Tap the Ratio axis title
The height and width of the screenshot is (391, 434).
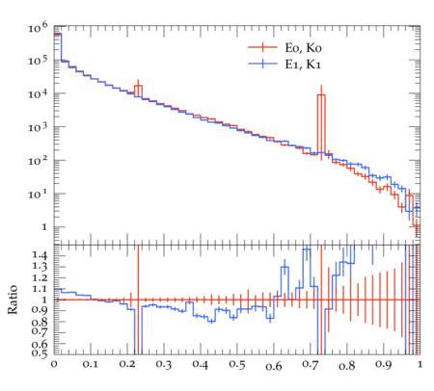pyautogui.click(x=13, y=300)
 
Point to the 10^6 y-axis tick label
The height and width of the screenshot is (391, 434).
pyautogui.click(x=38, y=28)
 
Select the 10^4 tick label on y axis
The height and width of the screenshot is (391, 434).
pyautogui.click(x=38, y=94)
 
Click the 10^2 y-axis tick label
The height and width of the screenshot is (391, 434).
pyautogui.click(x=38, y=161)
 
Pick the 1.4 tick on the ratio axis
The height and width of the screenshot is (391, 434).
pyautogui.click(x=40, y=256)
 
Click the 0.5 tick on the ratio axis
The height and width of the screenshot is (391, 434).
pyautogui.click(x=40, y=353)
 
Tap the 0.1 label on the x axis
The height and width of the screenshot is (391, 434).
pyautogui.click(x=91, y=365)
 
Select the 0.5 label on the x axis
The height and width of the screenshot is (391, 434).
pyautogui.click(x=237, y=365)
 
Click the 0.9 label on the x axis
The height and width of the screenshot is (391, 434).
pyautogui.click(x=384, y=365)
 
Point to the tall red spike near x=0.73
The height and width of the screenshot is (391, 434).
pyautogui.click(x=321, y=123)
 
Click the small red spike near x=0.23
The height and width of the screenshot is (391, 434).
pyautogui.click(x=138, y=90)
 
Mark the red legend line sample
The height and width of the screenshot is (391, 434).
pyautogui.click(x=262, y=47)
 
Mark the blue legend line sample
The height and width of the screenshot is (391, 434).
pyautogui.click(x=262, y=64)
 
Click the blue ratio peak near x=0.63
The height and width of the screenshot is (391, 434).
pyautogui.click(x=285, y=267)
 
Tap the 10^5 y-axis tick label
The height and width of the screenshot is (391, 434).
pyautogui.click(x=38, y=61)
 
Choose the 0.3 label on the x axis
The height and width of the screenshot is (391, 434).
pyautogui.click(x=164, y=365)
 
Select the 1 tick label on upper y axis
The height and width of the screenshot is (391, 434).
pyautogui.click(x=44, y=227)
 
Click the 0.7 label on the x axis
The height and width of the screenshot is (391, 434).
pyautogui.click(x=311, y=365)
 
